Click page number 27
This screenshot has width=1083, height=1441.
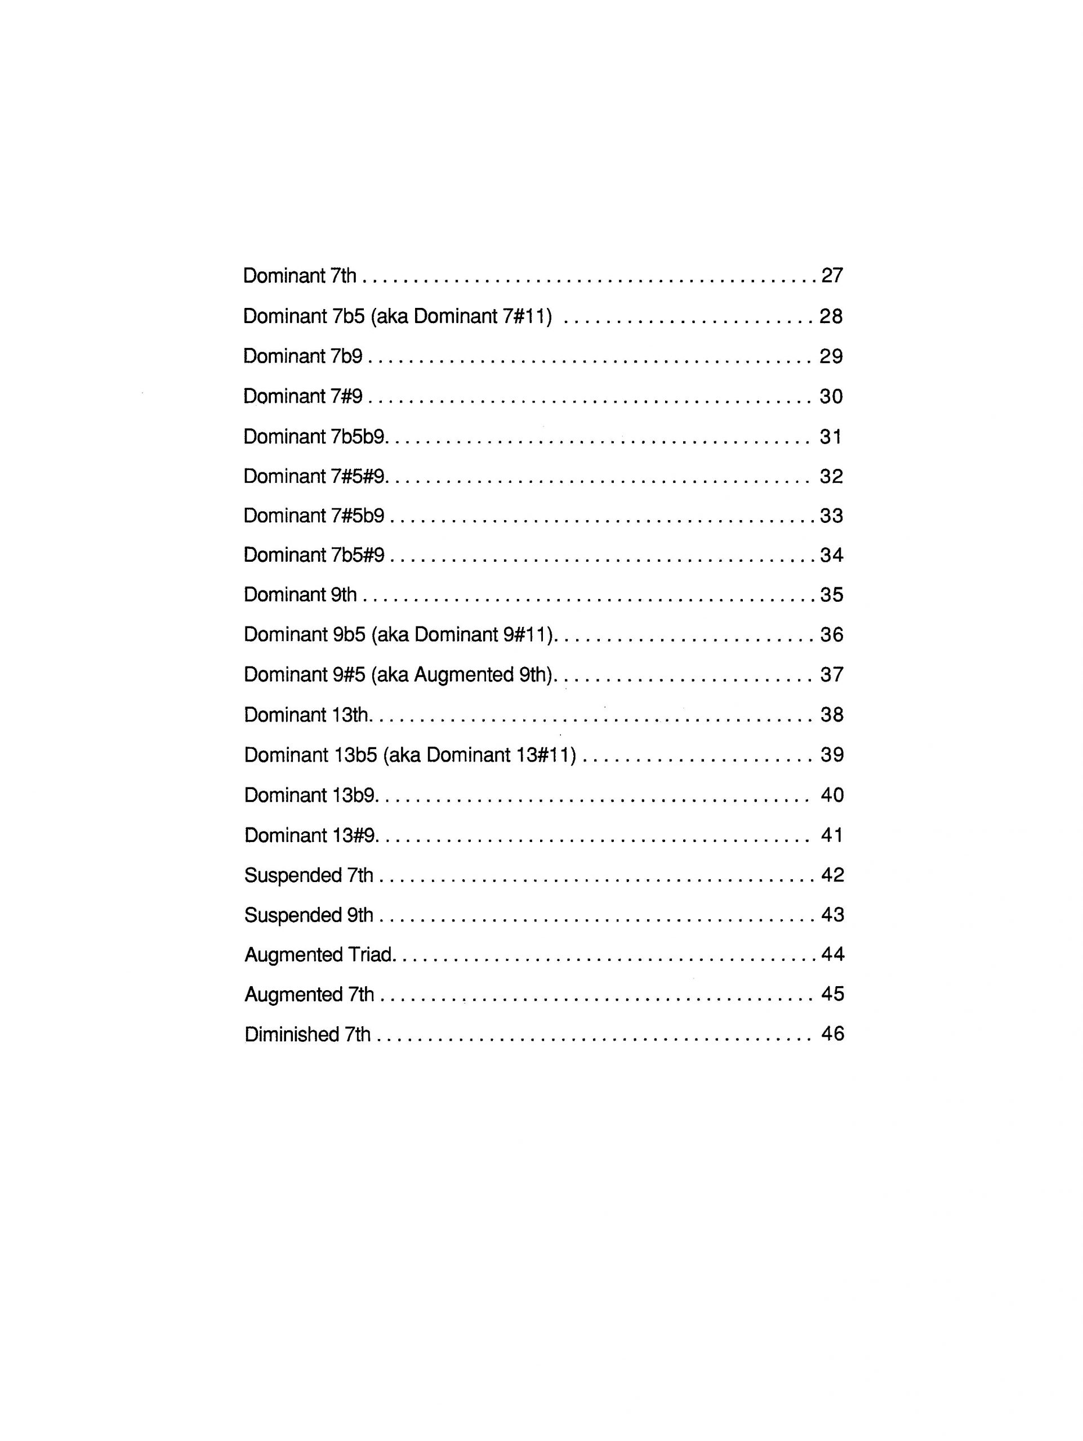(831, 276)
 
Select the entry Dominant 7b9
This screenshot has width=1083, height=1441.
(302, 356)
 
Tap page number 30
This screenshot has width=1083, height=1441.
(831, 396)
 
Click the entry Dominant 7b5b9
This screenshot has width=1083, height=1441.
(314, 436)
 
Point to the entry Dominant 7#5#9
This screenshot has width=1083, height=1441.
(314, 476)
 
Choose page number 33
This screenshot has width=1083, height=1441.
(831, 516)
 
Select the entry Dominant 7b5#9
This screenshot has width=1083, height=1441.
(314, 555)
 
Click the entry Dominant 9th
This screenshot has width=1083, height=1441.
(300, 595)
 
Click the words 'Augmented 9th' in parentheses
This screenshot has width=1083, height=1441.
(483, 675)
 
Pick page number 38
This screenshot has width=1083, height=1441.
(831, 715)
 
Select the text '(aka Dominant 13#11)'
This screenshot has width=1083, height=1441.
(480, 755)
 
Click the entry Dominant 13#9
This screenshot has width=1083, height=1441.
(310, 835)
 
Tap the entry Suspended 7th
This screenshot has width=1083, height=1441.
(309, 875)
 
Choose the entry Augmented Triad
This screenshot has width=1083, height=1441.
(319, 955)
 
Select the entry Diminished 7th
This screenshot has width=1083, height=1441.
(307, 1034)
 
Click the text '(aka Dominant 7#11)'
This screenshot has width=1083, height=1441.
(462, 316)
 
